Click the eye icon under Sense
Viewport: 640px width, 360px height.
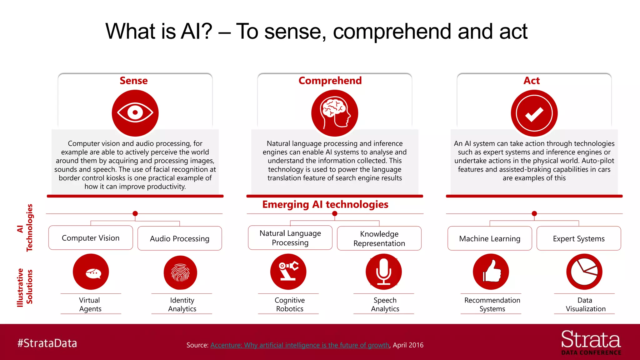coord(135,113)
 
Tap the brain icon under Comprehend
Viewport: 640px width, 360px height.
coord(334,113)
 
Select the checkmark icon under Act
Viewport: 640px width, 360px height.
coord(534,113)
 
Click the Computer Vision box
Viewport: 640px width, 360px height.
coord(91,238)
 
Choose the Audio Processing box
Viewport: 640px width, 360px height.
coord(180,238)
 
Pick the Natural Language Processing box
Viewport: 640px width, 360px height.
coord(290,238)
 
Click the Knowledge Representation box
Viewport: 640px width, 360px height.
coord(379,238)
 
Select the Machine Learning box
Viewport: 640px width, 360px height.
coord(490,238)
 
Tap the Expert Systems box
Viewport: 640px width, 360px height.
coord(579,238)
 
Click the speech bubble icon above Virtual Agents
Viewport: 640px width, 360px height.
coord(91,272)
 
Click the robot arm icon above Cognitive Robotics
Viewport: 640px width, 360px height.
coord(288,272)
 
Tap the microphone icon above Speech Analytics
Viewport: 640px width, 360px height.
coord(384,272)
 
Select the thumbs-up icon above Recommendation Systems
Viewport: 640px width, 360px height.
coord(491,272)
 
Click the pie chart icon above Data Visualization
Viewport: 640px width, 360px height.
coord(584,272)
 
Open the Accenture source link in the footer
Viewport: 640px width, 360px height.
coord(300,345)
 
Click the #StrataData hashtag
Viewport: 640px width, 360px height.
coord(47,343)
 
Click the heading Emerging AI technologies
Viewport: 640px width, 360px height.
coord(325,204)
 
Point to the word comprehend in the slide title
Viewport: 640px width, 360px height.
coord(392,32)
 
